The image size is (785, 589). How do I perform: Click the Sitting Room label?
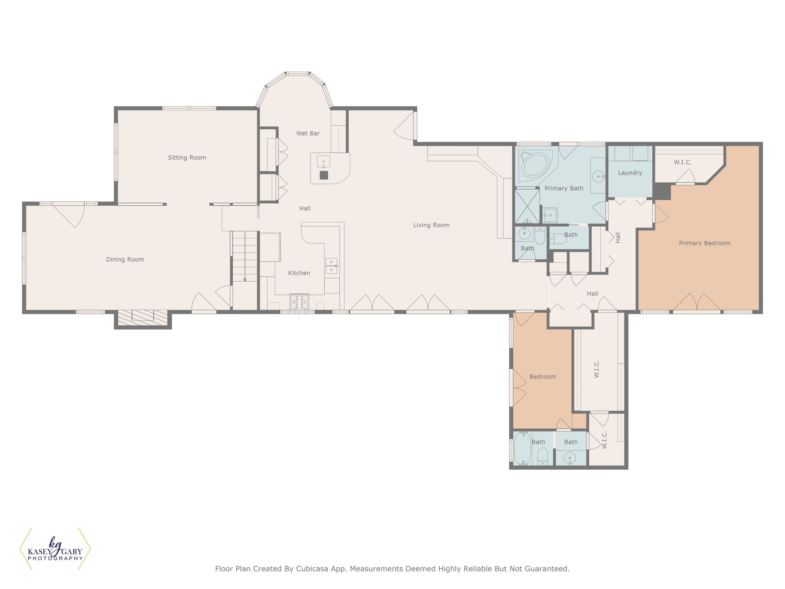[x=187, y=158]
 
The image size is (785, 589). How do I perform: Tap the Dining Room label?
[x=125, y=260]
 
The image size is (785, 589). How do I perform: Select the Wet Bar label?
[x=308, y=133]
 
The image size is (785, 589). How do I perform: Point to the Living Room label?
[x=431, y=225]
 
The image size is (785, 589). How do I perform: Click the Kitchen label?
[x=299, y=273]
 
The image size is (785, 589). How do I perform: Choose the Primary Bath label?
[x=564, y=188]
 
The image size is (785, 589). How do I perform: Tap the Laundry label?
[x=630, y=173]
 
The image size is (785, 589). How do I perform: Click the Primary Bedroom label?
[x=705, y=243]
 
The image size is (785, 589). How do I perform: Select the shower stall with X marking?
[x=527, y=206]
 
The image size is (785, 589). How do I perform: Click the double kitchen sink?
[x=332, y=266]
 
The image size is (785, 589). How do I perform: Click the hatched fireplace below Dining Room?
[x=143, y=316]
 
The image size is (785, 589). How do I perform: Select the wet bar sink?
[x=324, y=162]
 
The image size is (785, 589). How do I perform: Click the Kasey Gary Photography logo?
[x=55, y=549]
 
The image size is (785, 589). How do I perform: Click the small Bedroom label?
[x=542, y=377]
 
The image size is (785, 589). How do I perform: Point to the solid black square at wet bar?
[x=324, y=175]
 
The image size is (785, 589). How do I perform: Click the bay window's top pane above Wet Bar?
[x=298, y=74]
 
